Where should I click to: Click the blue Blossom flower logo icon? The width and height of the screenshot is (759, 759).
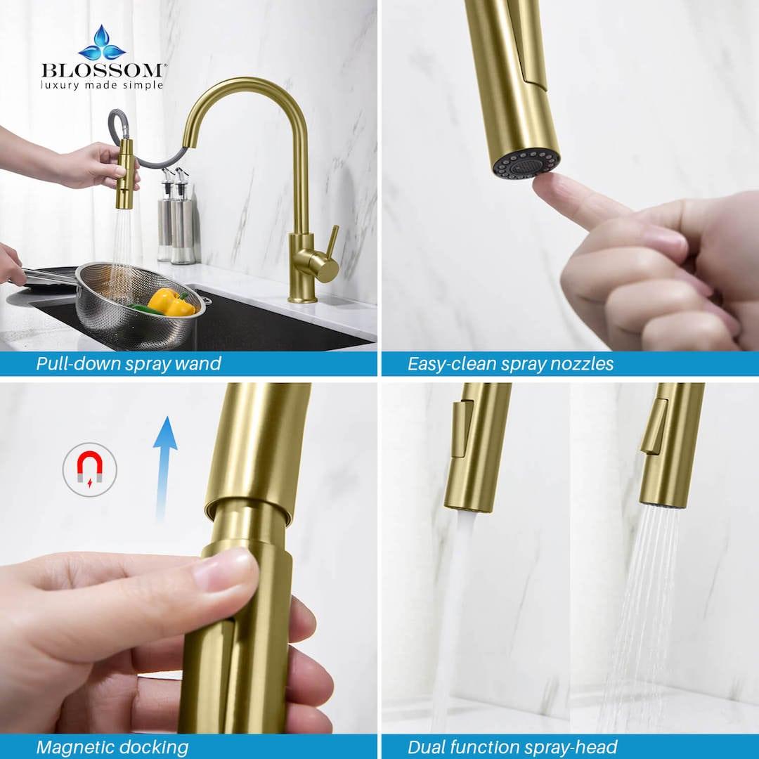click(x=102, y=44)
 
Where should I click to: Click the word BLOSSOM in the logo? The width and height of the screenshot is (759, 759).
click(x=103, y=71)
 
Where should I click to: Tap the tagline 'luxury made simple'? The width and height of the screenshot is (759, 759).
click(x=103, y=86)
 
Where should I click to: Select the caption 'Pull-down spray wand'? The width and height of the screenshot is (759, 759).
click(x=129, y=363)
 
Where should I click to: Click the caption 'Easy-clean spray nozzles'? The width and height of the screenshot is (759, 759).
click(x=510, y=363)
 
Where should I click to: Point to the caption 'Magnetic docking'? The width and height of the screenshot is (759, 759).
click(x=112, y=746)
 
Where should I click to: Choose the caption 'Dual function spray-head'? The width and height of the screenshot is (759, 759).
click(x=512, y=746)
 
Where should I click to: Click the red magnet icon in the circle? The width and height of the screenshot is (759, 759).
click(x=89, y=469)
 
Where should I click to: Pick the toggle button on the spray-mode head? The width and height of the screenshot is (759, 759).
click(x=654, y=426)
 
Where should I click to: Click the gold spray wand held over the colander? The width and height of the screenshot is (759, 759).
click(x=125, y=173)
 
